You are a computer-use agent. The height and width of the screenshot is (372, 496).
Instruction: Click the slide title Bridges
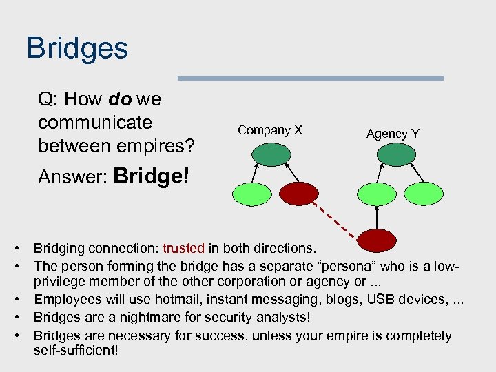tap(77, 49)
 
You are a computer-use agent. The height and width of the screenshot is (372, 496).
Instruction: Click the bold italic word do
tap(120, 99)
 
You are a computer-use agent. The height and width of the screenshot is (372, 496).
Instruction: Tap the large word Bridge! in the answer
tap(152, 176)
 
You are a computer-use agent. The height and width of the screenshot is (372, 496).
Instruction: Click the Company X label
tap(269, 130)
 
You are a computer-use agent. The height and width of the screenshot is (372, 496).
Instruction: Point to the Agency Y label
tap(393, 134)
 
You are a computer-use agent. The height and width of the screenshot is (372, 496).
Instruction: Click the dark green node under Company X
tap(266, 156)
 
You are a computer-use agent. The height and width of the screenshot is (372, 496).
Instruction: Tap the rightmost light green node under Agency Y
tap(421, 194)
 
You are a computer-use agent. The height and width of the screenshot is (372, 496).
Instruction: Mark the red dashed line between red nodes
tap(335, 219)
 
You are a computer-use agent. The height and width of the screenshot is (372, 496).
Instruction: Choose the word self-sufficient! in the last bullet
tap(76, 351)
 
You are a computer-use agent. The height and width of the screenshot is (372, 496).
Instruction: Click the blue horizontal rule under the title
tap(311, 79)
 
